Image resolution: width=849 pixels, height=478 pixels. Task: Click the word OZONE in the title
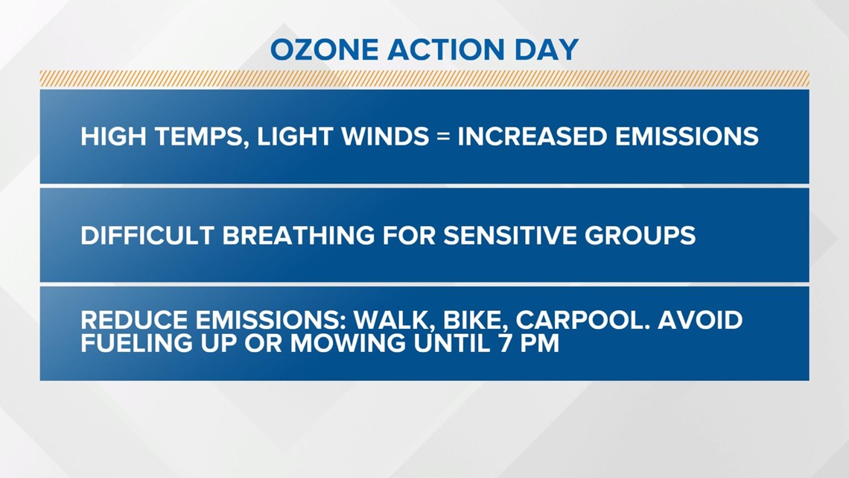(324, 50)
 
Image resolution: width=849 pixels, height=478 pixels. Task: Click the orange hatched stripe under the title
(424, 78)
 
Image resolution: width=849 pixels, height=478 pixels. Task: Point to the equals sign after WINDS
(443, 136)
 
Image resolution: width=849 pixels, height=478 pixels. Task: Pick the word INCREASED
(532, 136)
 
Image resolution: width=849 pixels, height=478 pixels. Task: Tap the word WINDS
(385, 136)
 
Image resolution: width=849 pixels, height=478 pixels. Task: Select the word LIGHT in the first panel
(295, 136)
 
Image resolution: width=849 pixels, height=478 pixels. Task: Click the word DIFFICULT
(147, 235)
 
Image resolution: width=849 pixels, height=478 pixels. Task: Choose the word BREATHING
(299, 235)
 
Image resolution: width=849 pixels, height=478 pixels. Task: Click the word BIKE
(475, 321)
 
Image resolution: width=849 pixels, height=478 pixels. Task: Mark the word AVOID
(700, 320)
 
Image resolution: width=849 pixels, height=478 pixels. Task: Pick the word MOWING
(348, 343)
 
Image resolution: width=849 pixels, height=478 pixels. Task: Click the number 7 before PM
(505, 343)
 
